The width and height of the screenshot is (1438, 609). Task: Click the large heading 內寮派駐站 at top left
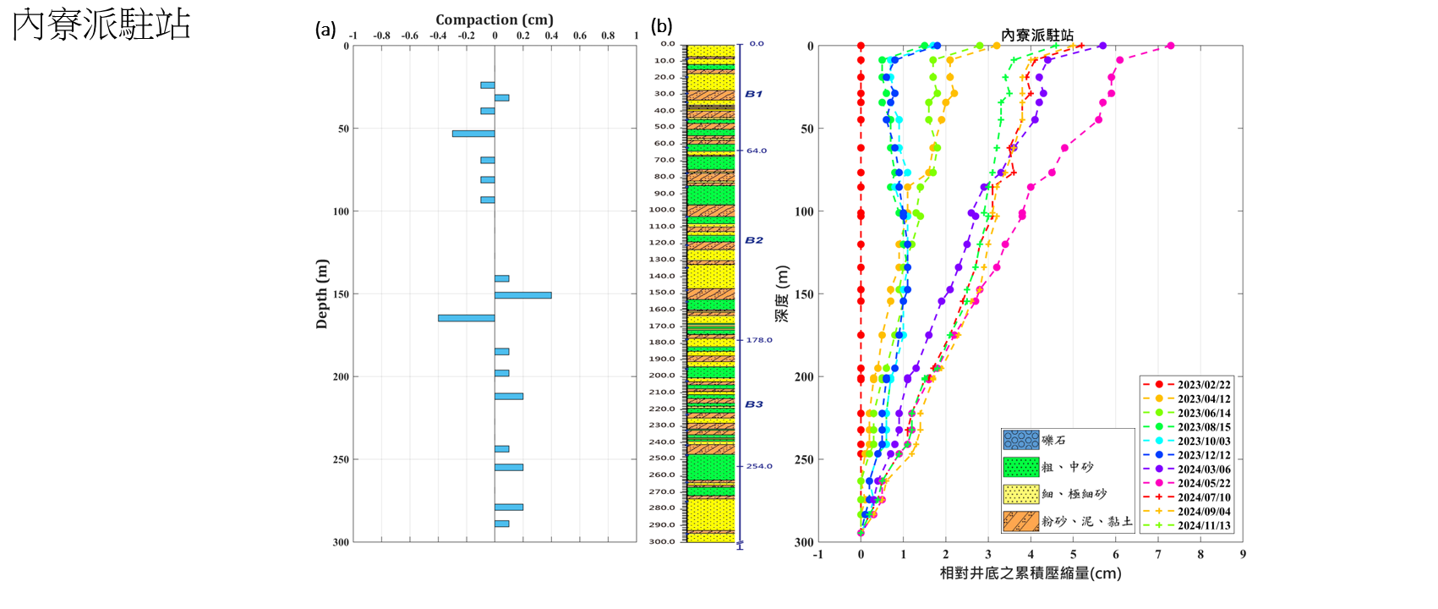point(101,25)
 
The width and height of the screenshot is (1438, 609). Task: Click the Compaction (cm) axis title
point(495,19)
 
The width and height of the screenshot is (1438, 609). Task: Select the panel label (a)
point(325,30)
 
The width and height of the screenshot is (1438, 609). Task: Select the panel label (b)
point(661,26)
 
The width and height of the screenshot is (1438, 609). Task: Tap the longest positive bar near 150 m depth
point(523,295)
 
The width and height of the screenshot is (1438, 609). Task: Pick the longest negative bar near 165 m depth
point(466,318)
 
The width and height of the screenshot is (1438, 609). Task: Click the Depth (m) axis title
point(321,294)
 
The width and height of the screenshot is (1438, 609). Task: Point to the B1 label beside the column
point(753,94)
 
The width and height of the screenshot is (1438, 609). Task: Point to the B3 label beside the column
point(753,404)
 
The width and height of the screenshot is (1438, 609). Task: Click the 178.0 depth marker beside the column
point(758,340)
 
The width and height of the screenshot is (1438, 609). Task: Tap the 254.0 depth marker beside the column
point(758,466)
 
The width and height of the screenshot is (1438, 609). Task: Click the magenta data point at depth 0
point(1170,46)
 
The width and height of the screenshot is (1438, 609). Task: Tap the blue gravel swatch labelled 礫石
point(1020,440)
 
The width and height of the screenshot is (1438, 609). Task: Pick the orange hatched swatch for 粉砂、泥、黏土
point(1020,521)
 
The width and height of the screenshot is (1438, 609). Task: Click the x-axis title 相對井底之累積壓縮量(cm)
point(1031,573)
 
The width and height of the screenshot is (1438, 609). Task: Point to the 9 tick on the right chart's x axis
point(1243,555)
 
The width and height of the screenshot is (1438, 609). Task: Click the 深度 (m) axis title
point(783,294)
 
